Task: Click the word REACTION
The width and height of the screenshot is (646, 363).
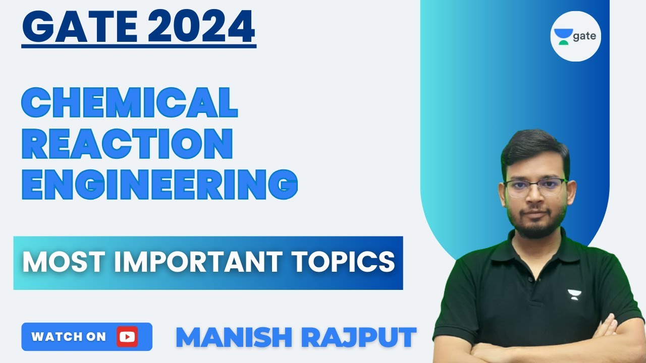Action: click(127, 145)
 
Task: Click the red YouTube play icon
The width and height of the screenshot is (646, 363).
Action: click(127, 337)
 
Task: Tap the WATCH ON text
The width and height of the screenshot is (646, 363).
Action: click(69, 337)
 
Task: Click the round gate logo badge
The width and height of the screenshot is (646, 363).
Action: click(575, 36)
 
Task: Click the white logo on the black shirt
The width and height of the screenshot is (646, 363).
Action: click(574, 293)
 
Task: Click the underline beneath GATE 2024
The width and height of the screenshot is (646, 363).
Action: click(139, 46)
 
